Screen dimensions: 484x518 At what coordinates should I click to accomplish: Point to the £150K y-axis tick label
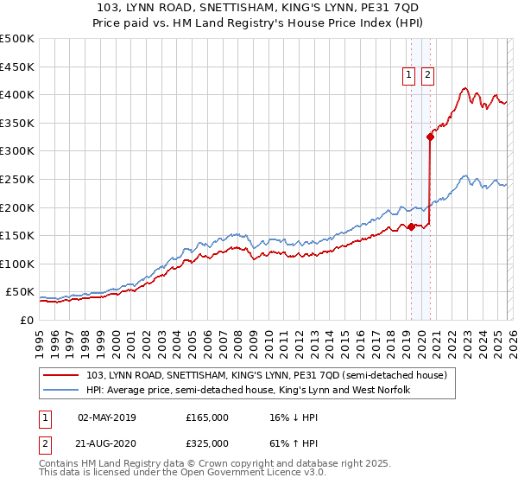[x=17, y=235]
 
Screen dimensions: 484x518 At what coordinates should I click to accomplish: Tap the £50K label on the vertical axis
[x=20, y=292]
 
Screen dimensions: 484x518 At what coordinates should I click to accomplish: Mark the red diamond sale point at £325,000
[x=430, y=137]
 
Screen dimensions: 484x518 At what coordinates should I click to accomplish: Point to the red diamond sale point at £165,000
[x=411, y=227]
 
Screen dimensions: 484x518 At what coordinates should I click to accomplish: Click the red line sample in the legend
[x=61, y=376]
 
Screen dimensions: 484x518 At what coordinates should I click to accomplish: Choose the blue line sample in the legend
[x=61, y=391]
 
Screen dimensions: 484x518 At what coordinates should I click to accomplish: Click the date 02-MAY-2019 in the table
[x=106, y=417]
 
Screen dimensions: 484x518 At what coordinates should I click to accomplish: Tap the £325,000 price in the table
[x=207, y=443]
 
